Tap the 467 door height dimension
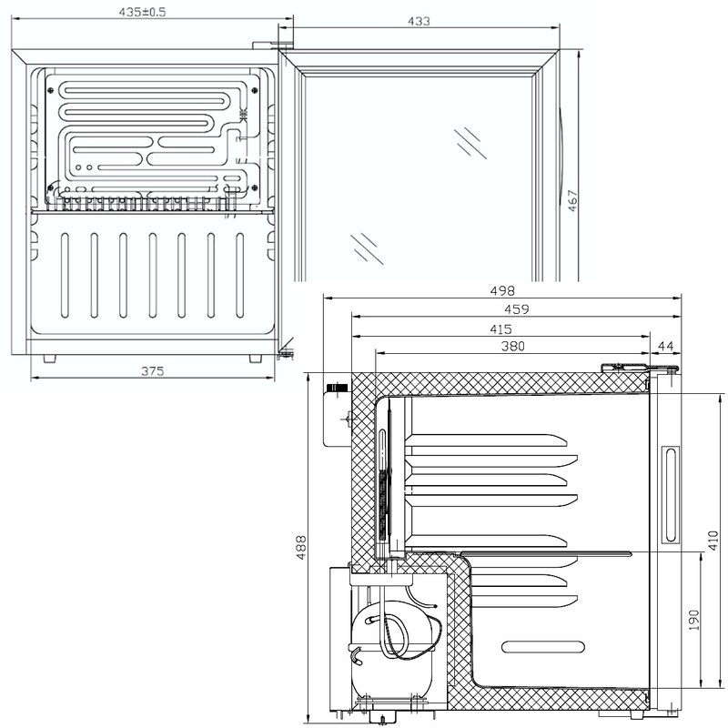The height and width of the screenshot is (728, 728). (x=572, y=200)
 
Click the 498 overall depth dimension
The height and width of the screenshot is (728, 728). (x=503, y=291)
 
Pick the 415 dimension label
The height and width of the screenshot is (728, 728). (x=500, y=329)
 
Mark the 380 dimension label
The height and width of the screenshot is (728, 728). (x=511, y=346)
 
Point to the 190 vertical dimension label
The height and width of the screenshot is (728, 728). (x=694, y=621)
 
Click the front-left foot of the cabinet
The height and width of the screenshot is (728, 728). (x=47, y=359)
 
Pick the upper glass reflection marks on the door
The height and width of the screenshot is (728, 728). (x=470, y=142)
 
